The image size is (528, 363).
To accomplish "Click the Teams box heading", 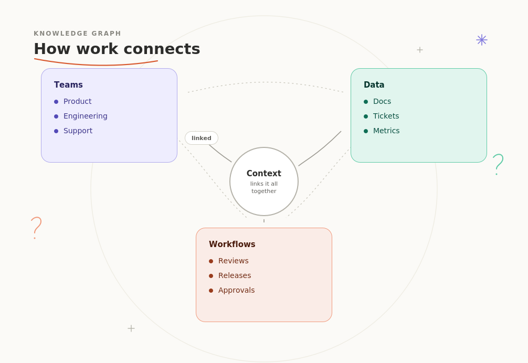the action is (68, 85).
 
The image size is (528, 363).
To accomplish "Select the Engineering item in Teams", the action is (85, 116).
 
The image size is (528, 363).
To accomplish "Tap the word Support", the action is (78, 131).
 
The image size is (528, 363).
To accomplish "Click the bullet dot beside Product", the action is (56, 102).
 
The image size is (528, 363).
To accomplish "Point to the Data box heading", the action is (374, 85).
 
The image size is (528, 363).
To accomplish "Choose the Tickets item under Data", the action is (386, 116).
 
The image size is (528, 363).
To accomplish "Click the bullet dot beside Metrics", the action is (366, 131).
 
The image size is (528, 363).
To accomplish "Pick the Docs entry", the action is (382, 102).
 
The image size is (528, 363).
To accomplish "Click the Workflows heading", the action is (232, 244).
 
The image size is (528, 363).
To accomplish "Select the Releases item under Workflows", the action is (235, 275).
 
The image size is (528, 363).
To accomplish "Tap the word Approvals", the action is (236, 290).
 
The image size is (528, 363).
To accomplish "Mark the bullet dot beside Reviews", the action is (211, 261).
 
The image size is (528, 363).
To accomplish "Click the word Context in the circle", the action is (263, 173).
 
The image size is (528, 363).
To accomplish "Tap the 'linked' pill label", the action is (202, 138).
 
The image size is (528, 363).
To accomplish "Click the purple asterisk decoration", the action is (482, 40).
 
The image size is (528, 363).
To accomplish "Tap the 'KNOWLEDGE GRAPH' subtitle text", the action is (78, 34).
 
